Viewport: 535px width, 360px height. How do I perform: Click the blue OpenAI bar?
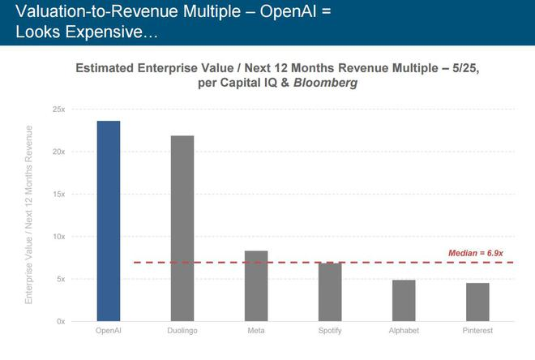tap(108, 221)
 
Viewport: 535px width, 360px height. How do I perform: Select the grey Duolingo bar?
tap(182, 228)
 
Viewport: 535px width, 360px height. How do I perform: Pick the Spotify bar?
tap(330, 291)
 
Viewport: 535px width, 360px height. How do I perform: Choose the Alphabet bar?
tap(404, 300)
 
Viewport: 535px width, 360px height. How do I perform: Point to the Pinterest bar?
tap(477, 302)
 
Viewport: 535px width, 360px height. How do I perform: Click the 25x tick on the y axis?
tap(58, 109)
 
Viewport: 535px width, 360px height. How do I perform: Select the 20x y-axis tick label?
tap(58, 152)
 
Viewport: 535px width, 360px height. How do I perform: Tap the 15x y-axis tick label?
tap(58, 194)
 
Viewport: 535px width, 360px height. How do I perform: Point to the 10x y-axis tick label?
tap(58, 237)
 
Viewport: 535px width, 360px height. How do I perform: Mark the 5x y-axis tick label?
tap(60, 279)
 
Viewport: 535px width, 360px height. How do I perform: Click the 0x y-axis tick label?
tap(60, 321)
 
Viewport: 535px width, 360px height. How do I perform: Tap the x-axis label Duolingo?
tap(182, 332)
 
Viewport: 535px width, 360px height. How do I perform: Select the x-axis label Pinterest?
tap(477, 332)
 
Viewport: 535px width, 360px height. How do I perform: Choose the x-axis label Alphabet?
tap(404, 332)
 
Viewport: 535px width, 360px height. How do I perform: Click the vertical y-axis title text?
tap(30, 215)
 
